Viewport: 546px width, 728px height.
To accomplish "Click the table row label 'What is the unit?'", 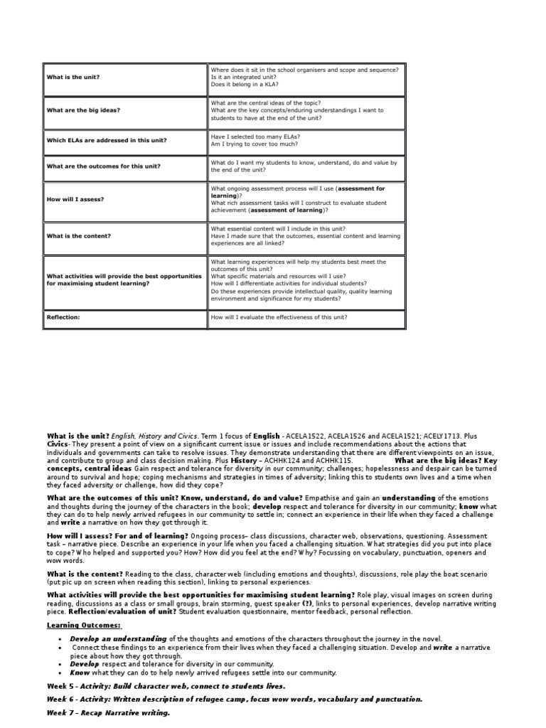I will pyautogui.click(x=74, y=77).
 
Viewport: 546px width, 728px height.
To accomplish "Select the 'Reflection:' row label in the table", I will pyautogui.click(x=63, y=317).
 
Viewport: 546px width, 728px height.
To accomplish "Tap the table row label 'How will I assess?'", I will pyautogui.click(x=75, y=199).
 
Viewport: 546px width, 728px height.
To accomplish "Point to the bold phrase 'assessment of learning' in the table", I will pyautogui.click(x=287, y=210).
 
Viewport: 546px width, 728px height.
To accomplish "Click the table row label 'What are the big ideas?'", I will pyautogui.click(x=83, y=110).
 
